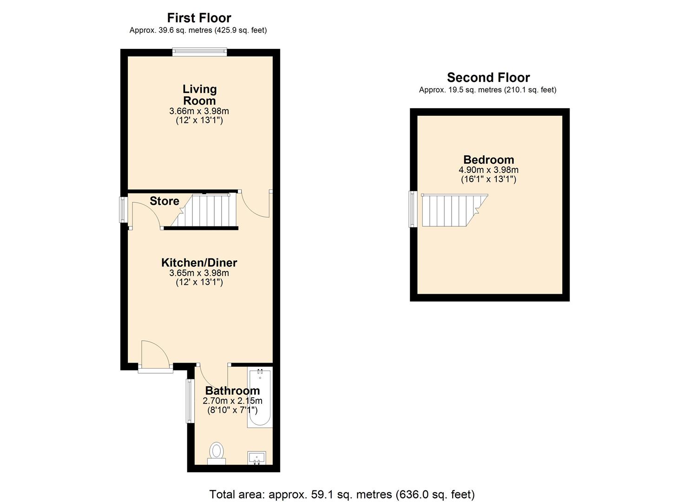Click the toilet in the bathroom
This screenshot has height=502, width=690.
[x=217, y=452]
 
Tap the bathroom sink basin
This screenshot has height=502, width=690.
[x=256, y=458]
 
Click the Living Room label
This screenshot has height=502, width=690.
[x=199, y=95]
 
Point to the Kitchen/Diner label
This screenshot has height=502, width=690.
[x=199, y=263]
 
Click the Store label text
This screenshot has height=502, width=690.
[x=164, y=201]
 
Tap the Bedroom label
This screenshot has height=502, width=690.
[x=488, y=160]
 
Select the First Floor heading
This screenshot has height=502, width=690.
[x=199, y=18]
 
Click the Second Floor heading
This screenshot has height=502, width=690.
[x=488, y=78]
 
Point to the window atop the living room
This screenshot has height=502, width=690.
[x=199, y=52]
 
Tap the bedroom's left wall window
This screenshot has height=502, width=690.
[x=413, y=209]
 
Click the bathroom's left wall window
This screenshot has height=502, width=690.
[x=190, y=401]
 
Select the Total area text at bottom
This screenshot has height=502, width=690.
[x=342, y=494]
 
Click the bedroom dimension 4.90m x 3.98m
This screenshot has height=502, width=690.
[x=488, y=170]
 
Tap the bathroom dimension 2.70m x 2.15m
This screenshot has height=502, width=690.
[x=232, y=401]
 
